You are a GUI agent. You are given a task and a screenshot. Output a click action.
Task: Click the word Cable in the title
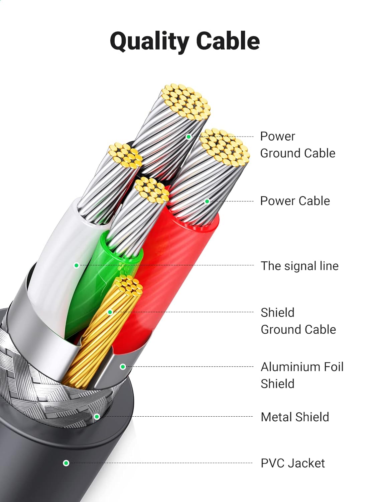click(x=228, y=41)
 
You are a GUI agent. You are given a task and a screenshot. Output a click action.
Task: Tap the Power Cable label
click(x=295, y=201)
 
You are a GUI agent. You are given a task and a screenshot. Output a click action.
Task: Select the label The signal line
click(x=299, y=266)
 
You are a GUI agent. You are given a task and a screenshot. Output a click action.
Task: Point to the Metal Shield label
click(x=295, y=417)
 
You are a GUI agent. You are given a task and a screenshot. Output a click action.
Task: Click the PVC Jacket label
click(x=292, y=463)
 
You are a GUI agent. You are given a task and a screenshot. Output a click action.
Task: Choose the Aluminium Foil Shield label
click(x=302, y=375)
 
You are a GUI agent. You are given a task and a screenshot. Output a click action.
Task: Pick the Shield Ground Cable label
click(x=298, y=321)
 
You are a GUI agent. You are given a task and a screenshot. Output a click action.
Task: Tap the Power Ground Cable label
click(x=297, y=145)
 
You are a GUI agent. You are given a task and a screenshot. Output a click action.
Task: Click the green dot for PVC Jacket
click(x=66, y=463)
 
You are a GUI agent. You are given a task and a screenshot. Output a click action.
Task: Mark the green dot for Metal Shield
click(x=97, y=416)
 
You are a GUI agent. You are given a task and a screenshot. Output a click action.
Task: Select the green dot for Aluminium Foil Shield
click(x=123, y=367)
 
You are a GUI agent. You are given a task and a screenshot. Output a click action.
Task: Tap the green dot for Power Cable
click(x=207, y=201)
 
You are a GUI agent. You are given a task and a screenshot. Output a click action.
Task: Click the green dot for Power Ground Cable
click(x=189, y=137)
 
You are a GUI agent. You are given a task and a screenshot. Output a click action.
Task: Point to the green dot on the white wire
click(x=77, y=265)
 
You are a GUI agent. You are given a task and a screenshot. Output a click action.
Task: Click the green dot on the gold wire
click(x=110, y=312)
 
